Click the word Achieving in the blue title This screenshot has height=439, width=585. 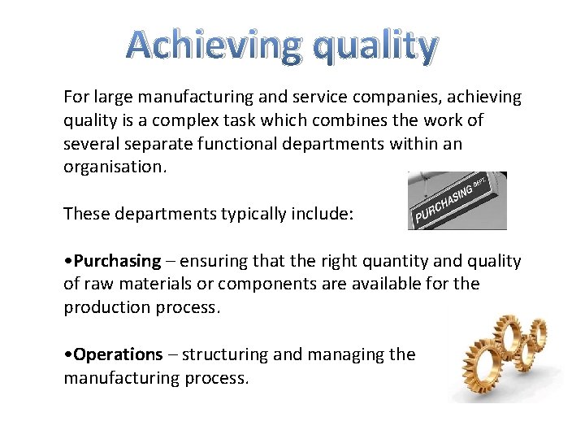(x=214, y=46)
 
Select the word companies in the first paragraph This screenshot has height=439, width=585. (x=396, y=98)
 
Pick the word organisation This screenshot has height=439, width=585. (x=115, y=167)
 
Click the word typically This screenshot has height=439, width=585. (x=253, y=215)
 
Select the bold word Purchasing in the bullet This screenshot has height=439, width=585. (x=118, y=261)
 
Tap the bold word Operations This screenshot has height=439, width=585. (x=119, y=354)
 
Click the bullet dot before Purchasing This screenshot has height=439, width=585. (x=68, y=262)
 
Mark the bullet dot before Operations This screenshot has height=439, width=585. (x=68, y=355)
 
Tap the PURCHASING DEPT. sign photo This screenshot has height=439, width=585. (x=457, y=201)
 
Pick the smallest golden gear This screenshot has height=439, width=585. (x=539, y=333)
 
